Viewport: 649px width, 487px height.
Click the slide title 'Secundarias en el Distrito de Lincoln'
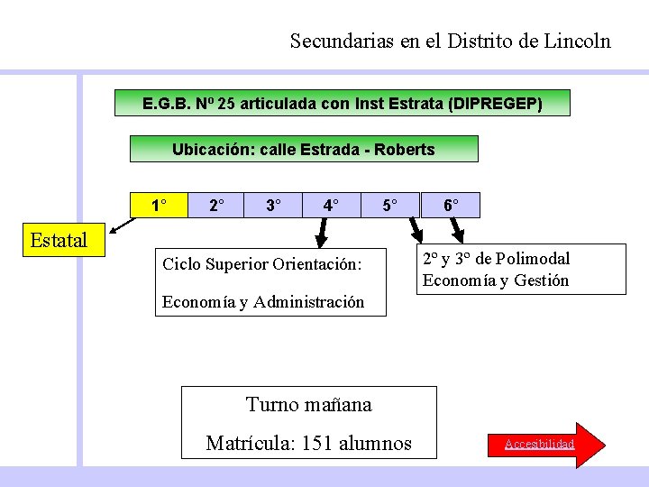pos(450,41)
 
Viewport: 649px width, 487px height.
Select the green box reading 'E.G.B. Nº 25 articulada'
pos(343,103)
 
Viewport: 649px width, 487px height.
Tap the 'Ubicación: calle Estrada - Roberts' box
pos(304,149)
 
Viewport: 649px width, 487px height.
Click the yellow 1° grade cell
pos(159,206)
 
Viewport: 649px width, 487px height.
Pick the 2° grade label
pos(216,206)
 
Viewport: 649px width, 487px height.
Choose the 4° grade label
pos(332,206)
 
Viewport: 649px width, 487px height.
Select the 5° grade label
pos(389,206)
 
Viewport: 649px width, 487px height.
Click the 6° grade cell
pos(451,206)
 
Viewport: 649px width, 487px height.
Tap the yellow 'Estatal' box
pos(59,241)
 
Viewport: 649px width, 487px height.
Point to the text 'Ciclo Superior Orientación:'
pos(261,264)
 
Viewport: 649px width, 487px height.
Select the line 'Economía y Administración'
pos(263,302)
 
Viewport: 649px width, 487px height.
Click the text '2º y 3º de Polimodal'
pos(496,259)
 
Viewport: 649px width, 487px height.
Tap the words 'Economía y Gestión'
pos(496,280)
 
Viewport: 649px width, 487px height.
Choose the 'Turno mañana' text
pos(308,404)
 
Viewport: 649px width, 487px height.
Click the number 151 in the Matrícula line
pos(317,443)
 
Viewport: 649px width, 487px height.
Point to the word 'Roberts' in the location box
pos(406,150)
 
